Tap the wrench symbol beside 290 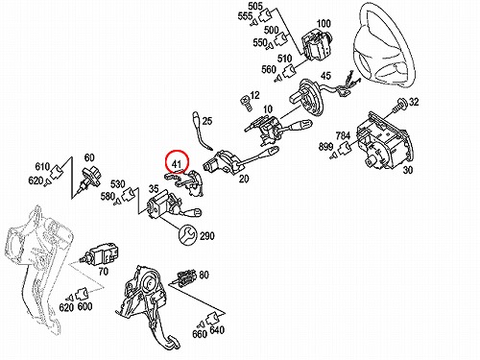pos(187,235)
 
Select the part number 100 pos(324,23)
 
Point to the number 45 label pos(325,76)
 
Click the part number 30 pos(407,170)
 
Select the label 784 pos(343,135)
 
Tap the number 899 pos(325,147)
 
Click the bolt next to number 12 pos(246,103)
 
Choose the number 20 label pos(244,179)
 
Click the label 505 pos(255,6)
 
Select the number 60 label pos(89,157)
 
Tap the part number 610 pos(42,166)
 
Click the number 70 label pos(103,272)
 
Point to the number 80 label pos(204,275)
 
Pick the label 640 pos(217,329)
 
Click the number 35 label pos(154,189)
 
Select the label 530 pos(117,184)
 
